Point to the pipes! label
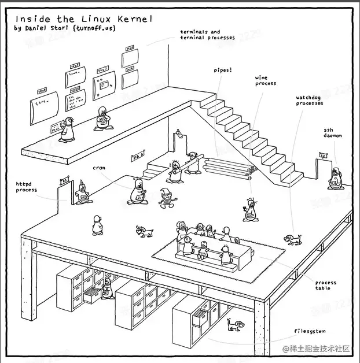pos(223,70)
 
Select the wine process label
pos(266,80)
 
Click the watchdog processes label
pos(310,101)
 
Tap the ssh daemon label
pos(333,132)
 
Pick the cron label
pos(98,168)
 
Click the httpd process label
pos(26,187)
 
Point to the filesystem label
pos(310,331)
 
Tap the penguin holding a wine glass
pos(250,210)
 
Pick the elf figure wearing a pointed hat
pos(167,198)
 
